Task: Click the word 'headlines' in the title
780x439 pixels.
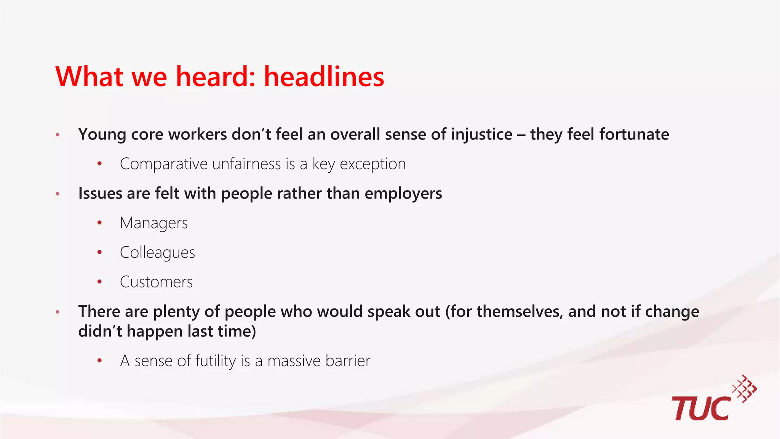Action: [324, 77]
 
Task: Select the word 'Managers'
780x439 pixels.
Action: [154, 223]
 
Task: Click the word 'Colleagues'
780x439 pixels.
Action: [157, 253]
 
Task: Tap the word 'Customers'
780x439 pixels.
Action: [156, 282]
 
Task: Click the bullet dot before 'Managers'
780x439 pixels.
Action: [100, 223]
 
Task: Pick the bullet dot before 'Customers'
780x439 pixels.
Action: [100, 282]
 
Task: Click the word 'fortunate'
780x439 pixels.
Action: [634, 135]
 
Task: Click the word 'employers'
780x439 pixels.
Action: [403, 194]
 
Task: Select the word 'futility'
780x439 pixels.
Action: [216, 361]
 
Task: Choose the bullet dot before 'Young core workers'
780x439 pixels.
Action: [58, 135]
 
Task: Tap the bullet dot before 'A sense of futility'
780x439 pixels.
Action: [100, 361]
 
